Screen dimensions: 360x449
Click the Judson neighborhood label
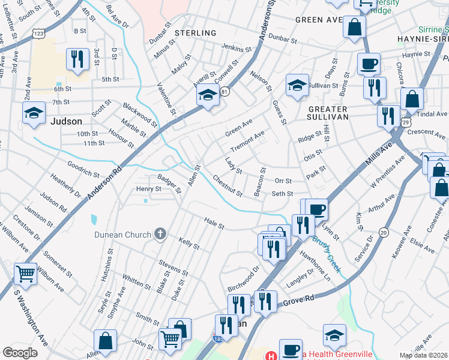[66, 121]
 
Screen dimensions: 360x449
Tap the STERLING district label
[196, 33]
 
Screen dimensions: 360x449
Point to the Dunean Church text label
[122, 233]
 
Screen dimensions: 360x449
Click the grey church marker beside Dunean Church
[160, 233]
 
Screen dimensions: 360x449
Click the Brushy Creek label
[327, 254]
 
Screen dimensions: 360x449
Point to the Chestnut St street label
[228, 186]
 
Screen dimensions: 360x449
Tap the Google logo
[20, 353]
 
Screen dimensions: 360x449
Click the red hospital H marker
[270, 355]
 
